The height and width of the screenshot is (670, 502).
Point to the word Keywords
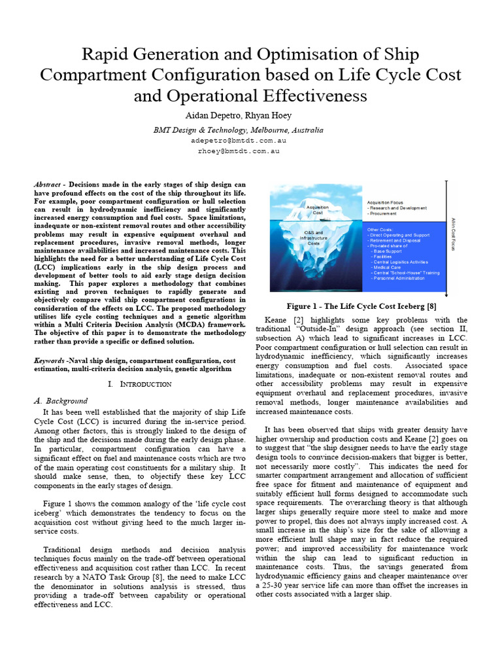coord(48,361)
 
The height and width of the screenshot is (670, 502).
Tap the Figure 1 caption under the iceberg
coord(361,306)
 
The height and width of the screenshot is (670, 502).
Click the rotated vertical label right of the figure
coord(453,234)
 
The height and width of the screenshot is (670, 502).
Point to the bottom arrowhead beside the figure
coord(446,293)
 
